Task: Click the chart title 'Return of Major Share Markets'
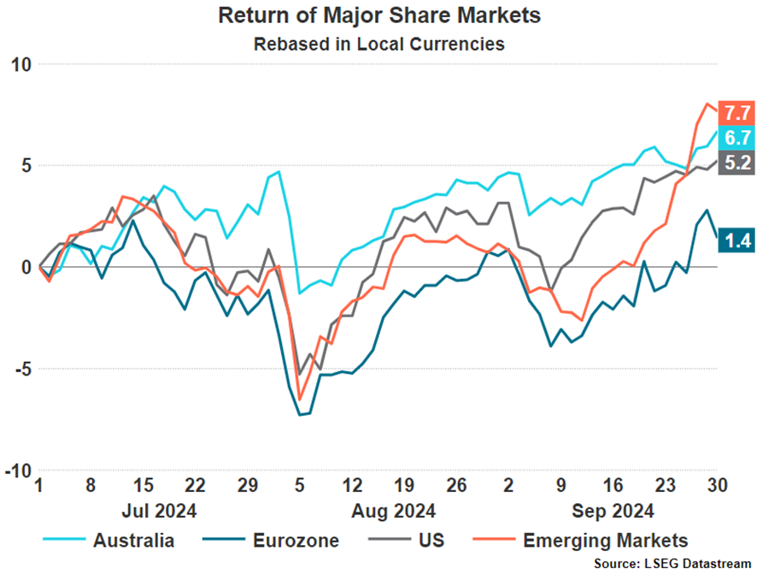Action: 378,16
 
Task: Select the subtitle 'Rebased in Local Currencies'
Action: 378,44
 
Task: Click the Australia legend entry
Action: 133,540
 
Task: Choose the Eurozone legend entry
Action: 294,540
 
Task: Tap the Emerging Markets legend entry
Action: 604,540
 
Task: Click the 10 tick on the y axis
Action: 21,64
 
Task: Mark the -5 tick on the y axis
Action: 21,369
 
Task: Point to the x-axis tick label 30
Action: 716,486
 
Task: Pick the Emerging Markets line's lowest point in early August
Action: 300,399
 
